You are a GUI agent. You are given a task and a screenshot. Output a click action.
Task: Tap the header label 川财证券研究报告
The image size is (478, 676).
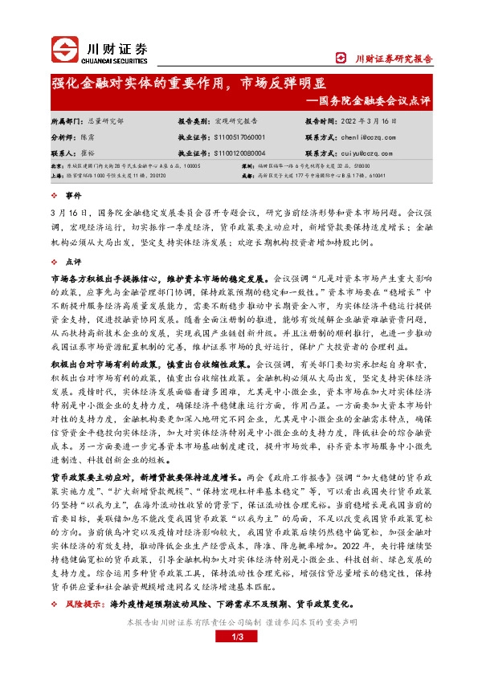point(394,59)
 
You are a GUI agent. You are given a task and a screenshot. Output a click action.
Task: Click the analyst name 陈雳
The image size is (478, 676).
point(86,137)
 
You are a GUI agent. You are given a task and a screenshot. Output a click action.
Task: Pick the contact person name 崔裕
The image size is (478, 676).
point(86,152)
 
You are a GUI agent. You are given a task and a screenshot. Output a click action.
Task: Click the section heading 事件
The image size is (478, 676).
point(73,195)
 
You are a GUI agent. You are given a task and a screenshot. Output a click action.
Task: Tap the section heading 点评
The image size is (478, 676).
point(73,261)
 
